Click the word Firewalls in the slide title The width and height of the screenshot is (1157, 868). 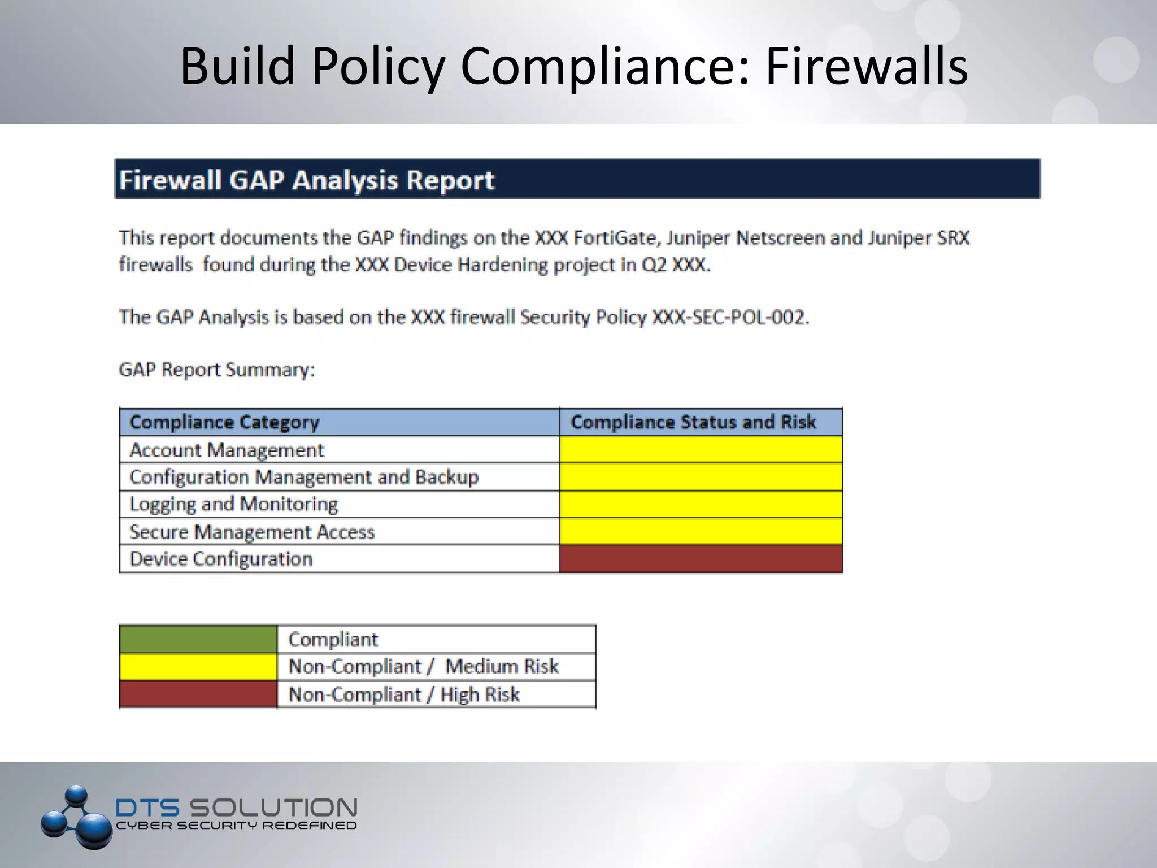tap(867, 67)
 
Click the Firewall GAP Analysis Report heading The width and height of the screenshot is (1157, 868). tap(307, 180)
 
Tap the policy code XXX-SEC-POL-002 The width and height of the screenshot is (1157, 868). tap(730, 318)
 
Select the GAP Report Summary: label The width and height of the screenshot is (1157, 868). tap(216, 370)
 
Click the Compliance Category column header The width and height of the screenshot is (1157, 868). tap(224, 422)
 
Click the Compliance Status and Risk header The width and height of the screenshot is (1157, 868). tap(693, 422)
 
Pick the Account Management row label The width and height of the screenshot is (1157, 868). tap(227, 450)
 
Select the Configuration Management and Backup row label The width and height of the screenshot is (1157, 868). tap(304, 478)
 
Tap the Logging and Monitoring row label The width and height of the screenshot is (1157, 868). tap(233, 504)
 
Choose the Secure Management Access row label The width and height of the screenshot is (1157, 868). tap(252, 532)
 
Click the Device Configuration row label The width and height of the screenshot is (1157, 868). tap(221, 559)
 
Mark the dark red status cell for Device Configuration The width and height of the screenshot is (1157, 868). tap(701, 559)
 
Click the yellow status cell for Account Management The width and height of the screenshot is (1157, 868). tap(701, 450)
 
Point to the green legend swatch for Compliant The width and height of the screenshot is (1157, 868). tap(198, 639)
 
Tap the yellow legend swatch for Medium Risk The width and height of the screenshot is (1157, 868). tap(198, 667)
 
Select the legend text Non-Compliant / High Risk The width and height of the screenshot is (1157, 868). tap(403, 695)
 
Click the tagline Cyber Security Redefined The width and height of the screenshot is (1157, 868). tap(236, 826)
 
